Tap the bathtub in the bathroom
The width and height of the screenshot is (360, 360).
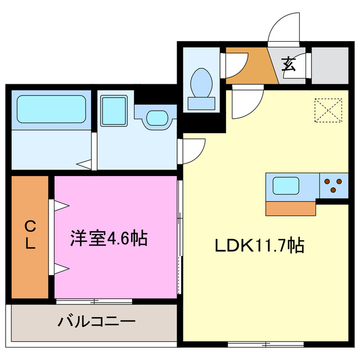pyautogui.click(x=51, y=109)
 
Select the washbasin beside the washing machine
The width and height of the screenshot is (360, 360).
pyautogui.click(x=157, y=118)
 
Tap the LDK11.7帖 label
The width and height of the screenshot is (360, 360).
pyautogui.click(x=259, y=245)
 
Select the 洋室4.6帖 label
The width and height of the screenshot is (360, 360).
pyautogui.click(x=109, y=238)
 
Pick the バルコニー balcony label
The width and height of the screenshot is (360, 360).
pyautogui.click(x=96, y=322)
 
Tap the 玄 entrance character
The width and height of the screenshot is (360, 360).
pyautogui.click(x=289, y=64)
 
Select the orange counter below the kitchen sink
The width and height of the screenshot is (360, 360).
pyautogui.click(x=290, y=208)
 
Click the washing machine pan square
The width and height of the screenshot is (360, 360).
pyautogui.click(x=114, y=109)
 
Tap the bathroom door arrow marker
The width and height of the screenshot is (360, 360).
pyautogui.click(x=85, y=164)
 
